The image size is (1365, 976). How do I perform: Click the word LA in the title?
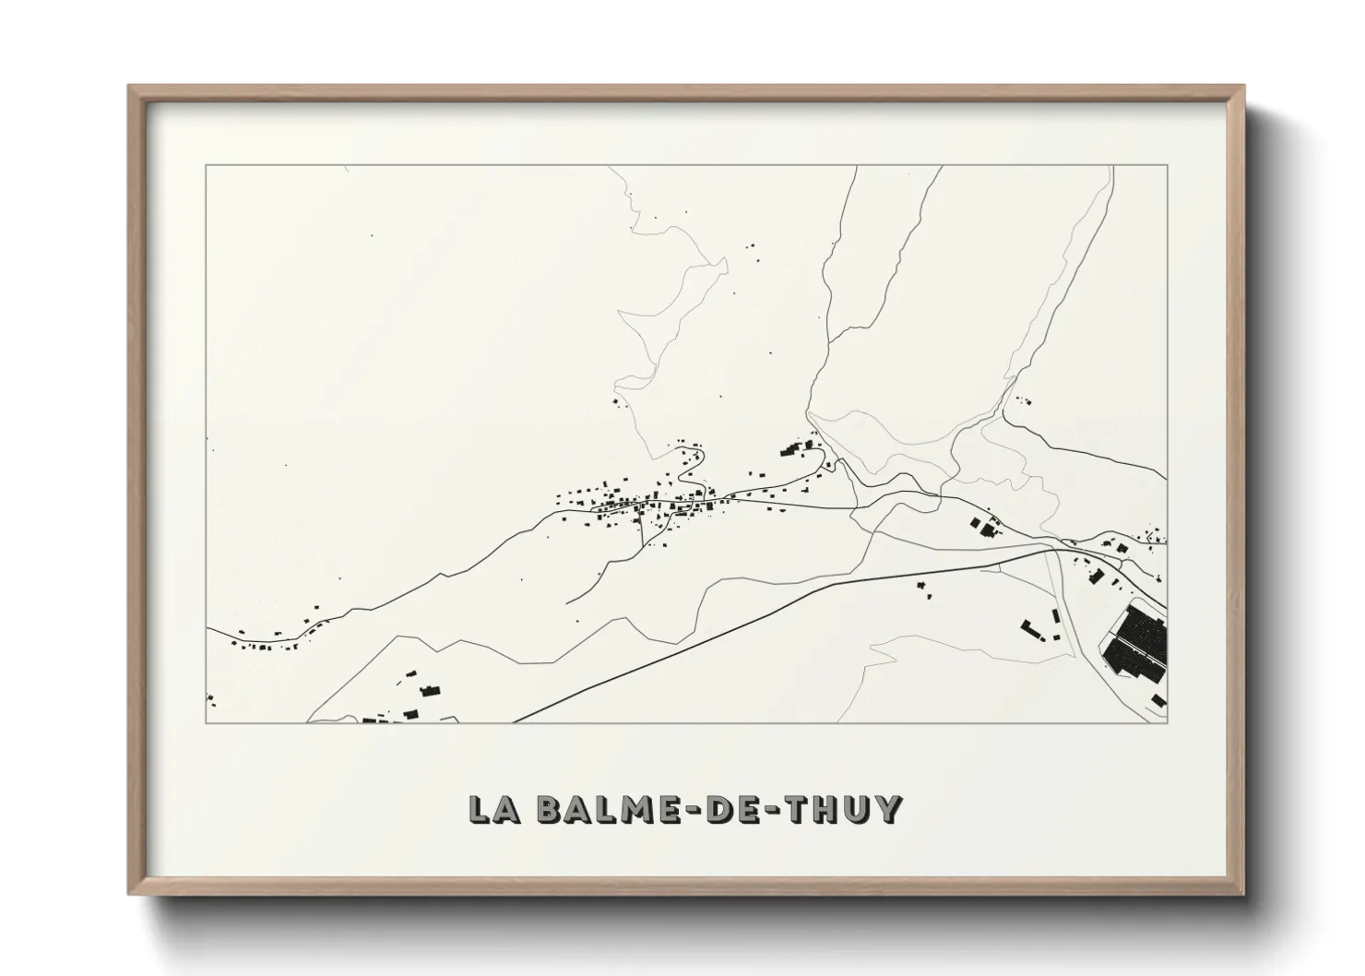tap(494, 809)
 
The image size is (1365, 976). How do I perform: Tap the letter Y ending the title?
tap(887, 809)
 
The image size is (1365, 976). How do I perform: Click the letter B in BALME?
tap(550, 809)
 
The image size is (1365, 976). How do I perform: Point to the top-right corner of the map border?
tap(1167, 166)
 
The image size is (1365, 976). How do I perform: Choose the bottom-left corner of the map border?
tap(206, 722)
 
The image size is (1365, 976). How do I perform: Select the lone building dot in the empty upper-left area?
tap(372, 235)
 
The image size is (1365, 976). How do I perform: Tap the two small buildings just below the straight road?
tap(922, 588)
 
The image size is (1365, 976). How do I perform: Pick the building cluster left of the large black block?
tap(1037, 630)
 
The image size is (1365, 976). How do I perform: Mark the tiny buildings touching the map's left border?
tap(210, 698)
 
